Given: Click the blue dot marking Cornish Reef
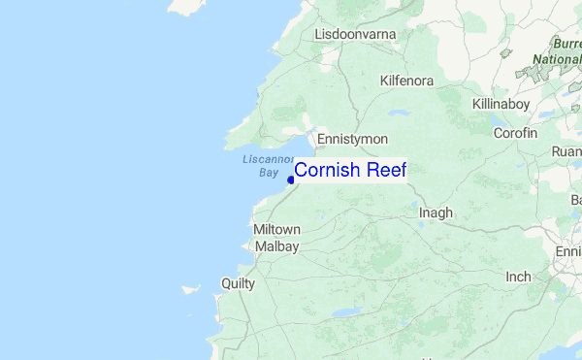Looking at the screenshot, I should click(x=291, y=179).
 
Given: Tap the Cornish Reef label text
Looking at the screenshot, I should click(x=350, y=170).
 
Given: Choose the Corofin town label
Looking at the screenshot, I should click(x=514, y=132).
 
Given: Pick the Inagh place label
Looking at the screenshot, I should click(x=436, y=212).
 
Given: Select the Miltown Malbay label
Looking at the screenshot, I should click(x=276, y=238).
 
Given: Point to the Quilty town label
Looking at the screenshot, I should click(x=238, y=283).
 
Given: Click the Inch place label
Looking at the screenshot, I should click(x=518, y=277).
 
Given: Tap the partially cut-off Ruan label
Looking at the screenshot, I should click(x=566, y=151).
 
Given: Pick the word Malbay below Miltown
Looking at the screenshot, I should click(x=276, y=246).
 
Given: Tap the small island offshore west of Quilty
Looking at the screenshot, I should click(x=191, y=289).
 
